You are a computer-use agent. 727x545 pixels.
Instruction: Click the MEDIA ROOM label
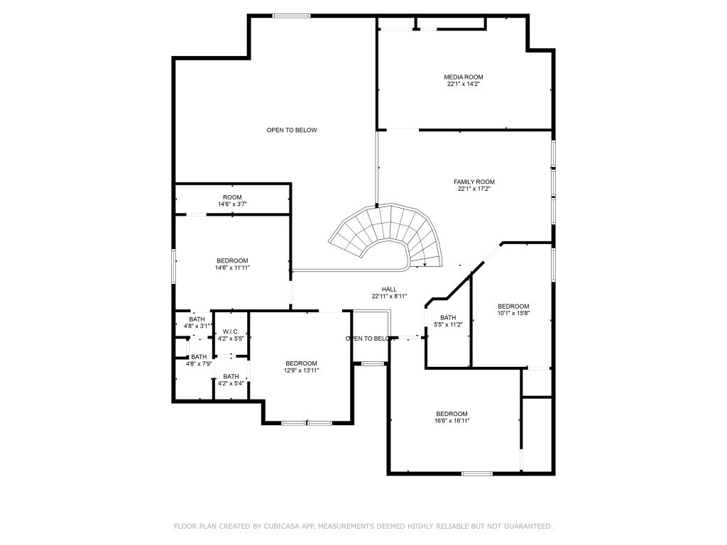[x=464, y=77]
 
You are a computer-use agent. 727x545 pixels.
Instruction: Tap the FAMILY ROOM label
[x=474, y=182]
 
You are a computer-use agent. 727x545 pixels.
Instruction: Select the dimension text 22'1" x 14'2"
[x=464, y=84]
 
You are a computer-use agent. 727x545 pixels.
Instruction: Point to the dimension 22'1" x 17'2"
[x=474, y=189]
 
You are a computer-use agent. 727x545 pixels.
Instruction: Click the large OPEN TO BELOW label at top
[x=292, y=130]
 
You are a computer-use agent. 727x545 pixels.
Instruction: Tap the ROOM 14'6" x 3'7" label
[x=232, y=201]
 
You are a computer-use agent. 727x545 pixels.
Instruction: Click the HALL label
[x=389, y=289]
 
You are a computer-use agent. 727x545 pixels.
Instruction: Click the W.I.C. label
[x=231, y=331]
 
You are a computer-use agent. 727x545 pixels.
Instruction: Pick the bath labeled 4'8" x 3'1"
[x=197, y=322]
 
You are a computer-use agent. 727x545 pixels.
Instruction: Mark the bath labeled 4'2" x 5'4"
[x=231, y=380]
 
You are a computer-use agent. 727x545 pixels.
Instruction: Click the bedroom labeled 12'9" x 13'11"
[x=301, y=366]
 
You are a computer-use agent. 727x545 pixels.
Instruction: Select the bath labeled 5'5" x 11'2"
[x=448, y=321]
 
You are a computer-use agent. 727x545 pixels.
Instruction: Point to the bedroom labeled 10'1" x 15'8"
[x=513, y=309]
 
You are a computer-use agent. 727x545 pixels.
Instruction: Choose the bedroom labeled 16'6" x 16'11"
[x=452, y=417]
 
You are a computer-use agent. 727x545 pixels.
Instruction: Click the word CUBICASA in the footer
[x=263, y=527]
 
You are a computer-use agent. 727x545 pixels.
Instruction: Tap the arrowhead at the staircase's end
[x=425, y=265]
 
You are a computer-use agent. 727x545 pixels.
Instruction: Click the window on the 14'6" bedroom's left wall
[x=174, y=266]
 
